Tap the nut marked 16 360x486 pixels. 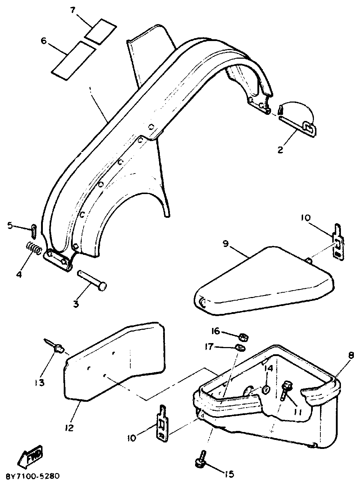pyautogui.click(x=244, y=337)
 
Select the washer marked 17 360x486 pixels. pyautogui.click(x=239, y=348)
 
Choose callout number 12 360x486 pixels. pyautogui.click(x=69, y=428)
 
